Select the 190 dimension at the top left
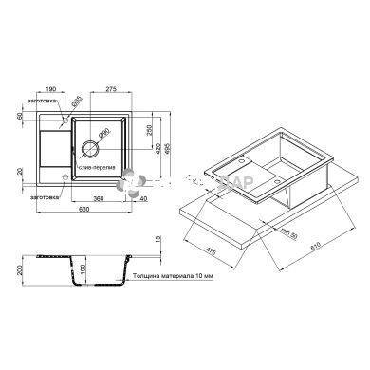point(50,88)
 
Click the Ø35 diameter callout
point(81,99)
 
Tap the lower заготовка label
point(45,196)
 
